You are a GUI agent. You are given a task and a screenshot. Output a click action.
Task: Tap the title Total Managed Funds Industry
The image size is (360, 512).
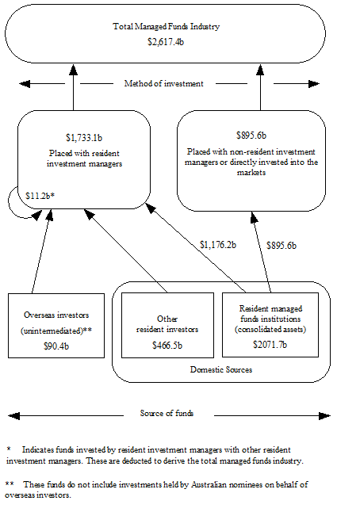(x=166, y=26)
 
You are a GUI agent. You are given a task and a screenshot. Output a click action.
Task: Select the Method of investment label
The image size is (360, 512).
(x=165, y=83)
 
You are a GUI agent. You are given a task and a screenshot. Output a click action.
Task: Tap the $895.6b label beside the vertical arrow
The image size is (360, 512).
(x=281, y=246)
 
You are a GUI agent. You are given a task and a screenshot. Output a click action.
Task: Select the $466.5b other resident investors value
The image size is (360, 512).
(x=167, y=345)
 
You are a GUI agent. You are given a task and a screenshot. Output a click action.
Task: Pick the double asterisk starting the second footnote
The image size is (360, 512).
(x=10, y=484)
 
